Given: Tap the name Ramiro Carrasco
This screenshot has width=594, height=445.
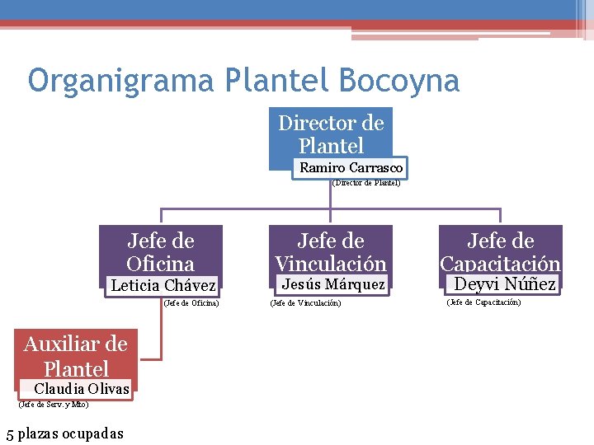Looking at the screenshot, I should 351,167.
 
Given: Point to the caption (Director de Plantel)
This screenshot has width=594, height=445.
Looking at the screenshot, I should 365,183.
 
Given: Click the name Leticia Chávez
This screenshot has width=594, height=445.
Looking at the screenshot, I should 163,286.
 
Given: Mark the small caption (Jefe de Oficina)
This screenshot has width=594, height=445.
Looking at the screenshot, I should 191,303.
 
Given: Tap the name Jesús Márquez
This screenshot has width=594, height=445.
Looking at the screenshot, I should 333,285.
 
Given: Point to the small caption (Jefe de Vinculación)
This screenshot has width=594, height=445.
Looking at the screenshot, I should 305,303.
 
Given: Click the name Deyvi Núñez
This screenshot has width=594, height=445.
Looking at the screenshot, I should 505,285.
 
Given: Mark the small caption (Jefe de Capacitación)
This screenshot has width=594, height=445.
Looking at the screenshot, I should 483,302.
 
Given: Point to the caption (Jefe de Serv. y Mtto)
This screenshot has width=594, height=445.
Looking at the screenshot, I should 53,404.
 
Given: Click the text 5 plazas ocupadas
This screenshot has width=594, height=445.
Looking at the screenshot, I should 64,433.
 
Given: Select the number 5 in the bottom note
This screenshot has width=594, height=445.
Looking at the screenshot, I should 9,433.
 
